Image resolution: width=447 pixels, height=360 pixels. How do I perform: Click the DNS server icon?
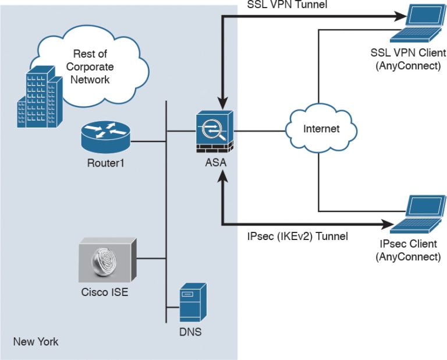point(193,302)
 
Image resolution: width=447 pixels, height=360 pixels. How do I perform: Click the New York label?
point(36,341)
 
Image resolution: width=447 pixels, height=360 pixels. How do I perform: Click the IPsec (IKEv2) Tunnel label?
point(297,237)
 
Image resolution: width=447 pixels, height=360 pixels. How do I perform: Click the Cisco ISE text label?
point(105,292)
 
